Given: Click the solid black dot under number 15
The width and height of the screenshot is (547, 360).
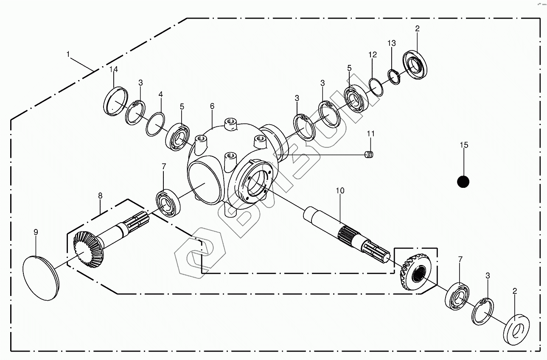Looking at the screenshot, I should click(463, 182).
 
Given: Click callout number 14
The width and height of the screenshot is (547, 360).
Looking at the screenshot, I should click(113, 70).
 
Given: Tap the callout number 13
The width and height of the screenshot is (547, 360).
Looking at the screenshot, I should click(391, 43).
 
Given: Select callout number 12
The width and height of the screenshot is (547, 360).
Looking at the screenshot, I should click(372, 55).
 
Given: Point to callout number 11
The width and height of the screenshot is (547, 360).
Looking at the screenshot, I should click(371, 134).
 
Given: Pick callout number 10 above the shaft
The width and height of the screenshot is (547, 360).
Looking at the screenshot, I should click(340, 191).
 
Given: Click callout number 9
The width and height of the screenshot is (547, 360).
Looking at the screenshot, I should click(36, 232).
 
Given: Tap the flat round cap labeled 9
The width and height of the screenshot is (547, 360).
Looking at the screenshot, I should click(41, 278).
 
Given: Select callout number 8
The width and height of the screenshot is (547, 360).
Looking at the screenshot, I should click(100, 196).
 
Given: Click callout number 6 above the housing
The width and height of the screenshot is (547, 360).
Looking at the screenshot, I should click(212, 106).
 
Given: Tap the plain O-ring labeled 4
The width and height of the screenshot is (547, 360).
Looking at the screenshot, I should click(155, 124).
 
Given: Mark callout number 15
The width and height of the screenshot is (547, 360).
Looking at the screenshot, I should click(463, 145).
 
